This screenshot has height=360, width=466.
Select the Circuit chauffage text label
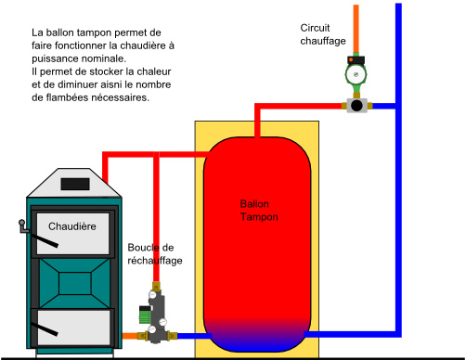324,34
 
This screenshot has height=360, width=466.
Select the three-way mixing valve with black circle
355,105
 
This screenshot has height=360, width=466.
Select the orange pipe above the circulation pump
355,28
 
